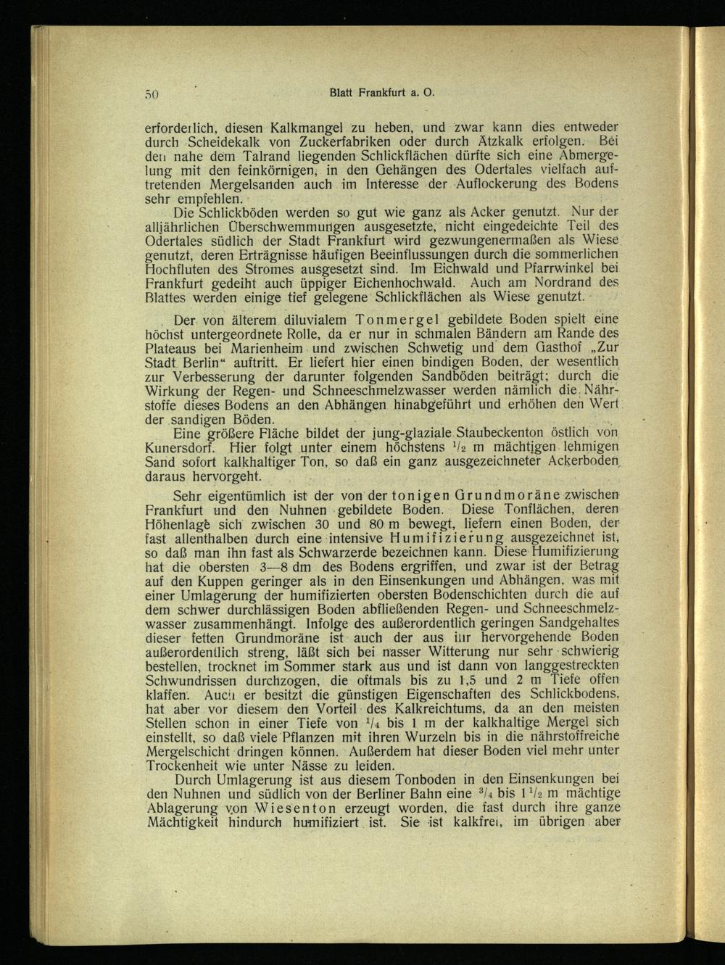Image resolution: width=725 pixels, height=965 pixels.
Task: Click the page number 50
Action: point(152,94)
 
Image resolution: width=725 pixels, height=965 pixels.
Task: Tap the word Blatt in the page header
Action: point(341,93)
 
